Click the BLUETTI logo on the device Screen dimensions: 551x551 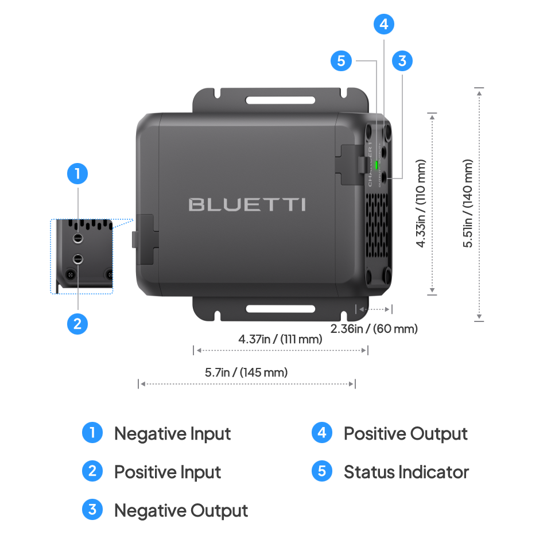(247, 204)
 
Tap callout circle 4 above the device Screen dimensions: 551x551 (384, 24)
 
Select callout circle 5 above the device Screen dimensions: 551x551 (342, 60)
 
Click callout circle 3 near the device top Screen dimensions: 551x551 (402, 60)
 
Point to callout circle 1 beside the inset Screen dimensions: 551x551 (77, 173)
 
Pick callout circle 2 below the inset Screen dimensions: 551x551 (77, 324)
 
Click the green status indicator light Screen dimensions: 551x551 (377, 165)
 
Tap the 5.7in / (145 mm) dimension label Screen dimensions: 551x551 (246, 372)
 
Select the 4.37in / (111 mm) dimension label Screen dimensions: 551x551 (280, 339)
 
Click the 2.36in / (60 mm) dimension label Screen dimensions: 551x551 (374, 329)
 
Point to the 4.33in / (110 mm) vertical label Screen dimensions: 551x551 (422, 203)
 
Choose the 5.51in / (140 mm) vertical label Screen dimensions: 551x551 (469, 203)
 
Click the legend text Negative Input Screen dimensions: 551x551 (172, 434)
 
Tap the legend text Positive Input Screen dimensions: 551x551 (168, 472)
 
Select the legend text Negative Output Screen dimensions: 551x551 (181, 510)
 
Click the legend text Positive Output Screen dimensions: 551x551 (405, 434)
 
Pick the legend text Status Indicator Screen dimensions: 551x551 (406, 472)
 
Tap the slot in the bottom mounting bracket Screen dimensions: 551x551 (280, 309)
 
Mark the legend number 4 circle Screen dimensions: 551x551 (321, 433)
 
